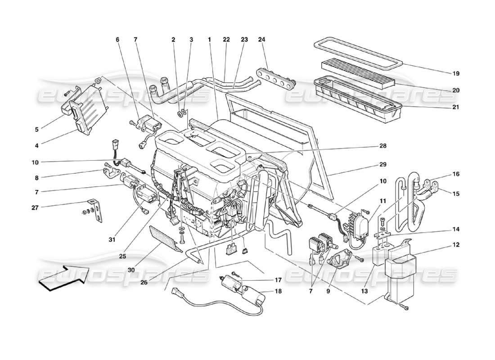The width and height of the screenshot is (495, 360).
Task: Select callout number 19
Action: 456,73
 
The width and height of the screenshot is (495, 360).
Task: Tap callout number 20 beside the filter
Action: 456,90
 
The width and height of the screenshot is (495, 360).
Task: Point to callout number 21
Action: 456,107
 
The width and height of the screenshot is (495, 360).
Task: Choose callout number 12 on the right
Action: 456,245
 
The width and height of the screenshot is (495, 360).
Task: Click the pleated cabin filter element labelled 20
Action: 358,73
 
